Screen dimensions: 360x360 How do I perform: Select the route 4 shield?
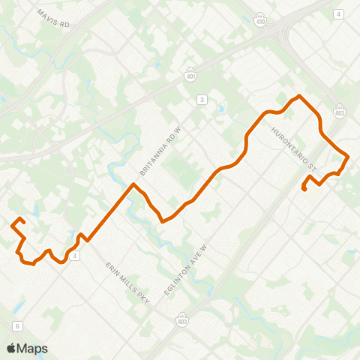[339, 14]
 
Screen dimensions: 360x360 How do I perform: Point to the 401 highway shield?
[192, 73]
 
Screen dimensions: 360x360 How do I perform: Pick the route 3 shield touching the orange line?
[75, 255]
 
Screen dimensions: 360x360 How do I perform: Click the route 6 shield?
[16, 325]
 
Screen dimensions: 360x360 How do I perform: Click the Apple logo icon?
[11, 348]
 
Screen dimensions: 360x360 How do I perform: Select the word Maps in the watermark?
[32, 348]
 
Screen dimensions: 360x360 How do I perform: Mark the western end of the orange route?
[13, 224]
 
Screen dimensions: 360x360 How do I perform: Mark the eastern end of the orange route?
[304, 190]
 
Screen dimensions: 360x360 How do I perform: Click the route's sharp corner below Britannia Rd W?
[133, 184]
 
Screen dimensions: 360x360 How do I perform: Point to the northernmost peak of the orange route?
[300, 96]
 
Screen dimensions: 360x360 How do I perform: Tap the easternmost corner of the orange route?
[348, 156]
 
